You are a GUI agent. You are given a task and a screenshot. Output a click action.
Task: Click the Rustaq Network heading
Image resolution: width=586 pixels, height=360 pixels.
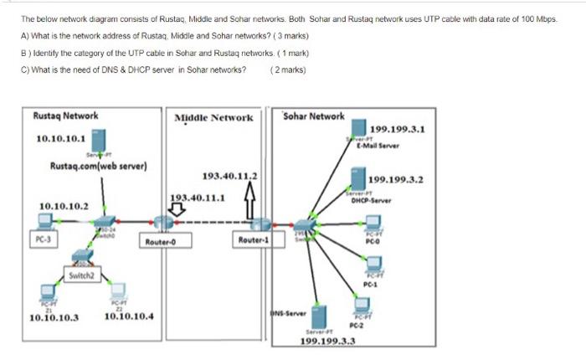pos(65,116)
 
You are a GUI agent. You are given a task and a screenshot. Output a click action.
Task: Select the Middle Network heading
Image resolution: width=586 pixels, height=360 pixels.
pos(213,118)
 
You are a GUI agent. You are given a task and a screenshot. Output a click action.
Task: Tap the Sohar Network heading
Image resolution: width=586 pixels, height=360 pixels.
pos(314,116)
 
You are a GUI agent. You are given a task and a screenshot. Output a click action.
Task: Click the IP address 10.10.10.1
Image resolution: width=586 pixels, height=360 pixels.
pos(60,139)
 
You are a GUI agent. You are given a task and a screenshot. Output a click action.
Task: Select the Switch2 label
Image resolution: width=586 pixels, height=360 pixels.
pos(84,274)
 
